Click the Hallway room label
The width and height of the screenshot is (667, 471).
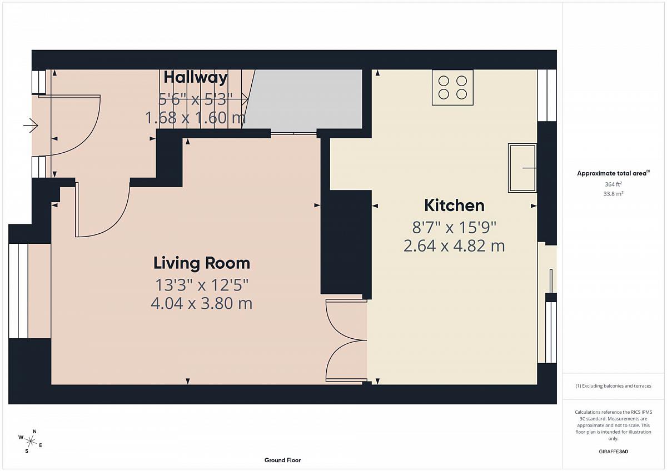coord(196,78)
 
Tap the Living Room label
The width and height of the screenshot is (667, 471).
coord(202,263)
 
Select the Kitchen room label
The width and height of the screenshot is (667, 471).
coord(454,206)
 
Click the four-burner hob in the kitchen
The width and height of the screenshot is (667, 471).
coord(452,87)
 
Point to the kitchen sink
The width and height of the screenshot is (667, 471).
coord(522,168)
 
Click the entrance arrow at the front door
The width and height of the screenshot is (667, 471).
coord(31,126)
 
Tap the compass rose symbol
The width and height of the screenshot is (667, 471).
coord(31,441)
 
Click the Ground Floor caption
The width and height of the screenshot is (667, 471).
coord(282,460)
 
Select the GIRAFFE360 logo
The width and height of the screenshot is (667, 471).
coord(613,452)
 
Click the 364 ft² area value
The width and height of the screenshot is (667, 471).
coord(613,184)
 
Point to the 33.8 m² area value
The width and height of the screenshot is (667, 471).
coord(613,194)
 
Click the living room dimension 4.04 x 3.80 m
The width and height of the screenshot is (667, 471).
coord(202,303)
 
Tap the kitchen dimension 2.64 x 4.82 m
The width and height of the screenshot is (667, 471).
coord(454,246)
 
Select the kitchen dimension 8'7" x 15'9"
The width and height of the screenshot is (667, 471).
coord(454,228)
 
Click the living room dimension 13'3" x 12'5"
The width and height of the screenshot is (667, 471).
coord(202,285)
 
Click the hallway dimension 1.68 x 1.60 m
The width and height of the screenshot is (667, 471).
coord(195,118)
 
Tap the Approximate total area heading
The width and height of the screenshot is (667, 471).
coord(613,173)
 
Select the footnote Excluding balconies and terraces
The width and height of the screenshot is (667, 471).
coord(613,386)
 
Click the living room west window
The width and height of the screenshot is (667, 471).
coord(18,291)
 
